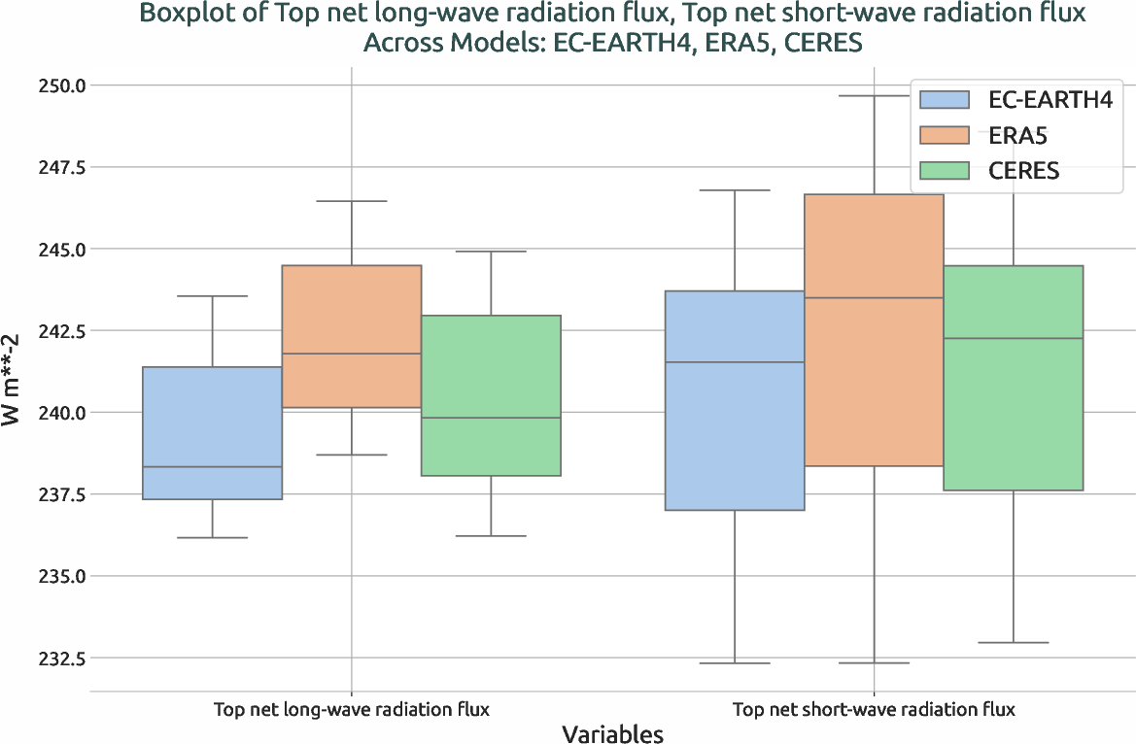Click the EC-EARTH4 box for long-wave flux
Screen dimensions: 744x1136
(x=213, y=432)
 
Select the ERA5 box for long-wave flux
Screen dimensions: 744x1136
(x=351, y=336)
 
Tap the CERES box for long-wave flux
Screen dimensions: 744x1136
(x=490, y=395)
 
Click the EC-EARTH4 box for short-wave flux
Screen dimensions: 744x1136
(x=735, y=400)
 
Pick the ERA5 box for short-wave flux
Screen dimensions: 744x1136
(x=874, y=330)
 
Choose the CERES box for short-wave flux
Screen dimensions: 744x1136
(x=1014, y=378)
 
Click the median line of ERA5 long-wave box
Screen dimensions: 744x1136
(x=351, y=354)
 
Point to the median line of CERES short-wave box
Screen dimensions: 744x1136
(x=1014, y=339)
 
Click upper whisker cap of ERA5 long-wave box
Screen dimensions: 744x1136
(x=351, y=201)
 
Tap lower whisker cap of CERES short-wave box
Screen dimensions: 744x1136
(x=1014, y=643)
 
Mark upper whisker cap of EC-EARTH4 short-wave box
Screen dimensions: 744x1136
(x=735, y=190)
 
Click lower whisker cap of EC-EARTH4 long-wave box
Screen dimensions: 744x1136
(x=213, y=537)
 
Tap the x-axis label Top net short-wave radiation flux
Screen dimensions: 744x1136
(x=874, y=710)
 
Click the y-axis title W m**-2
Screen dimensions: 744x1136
(x=14, y=389)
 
